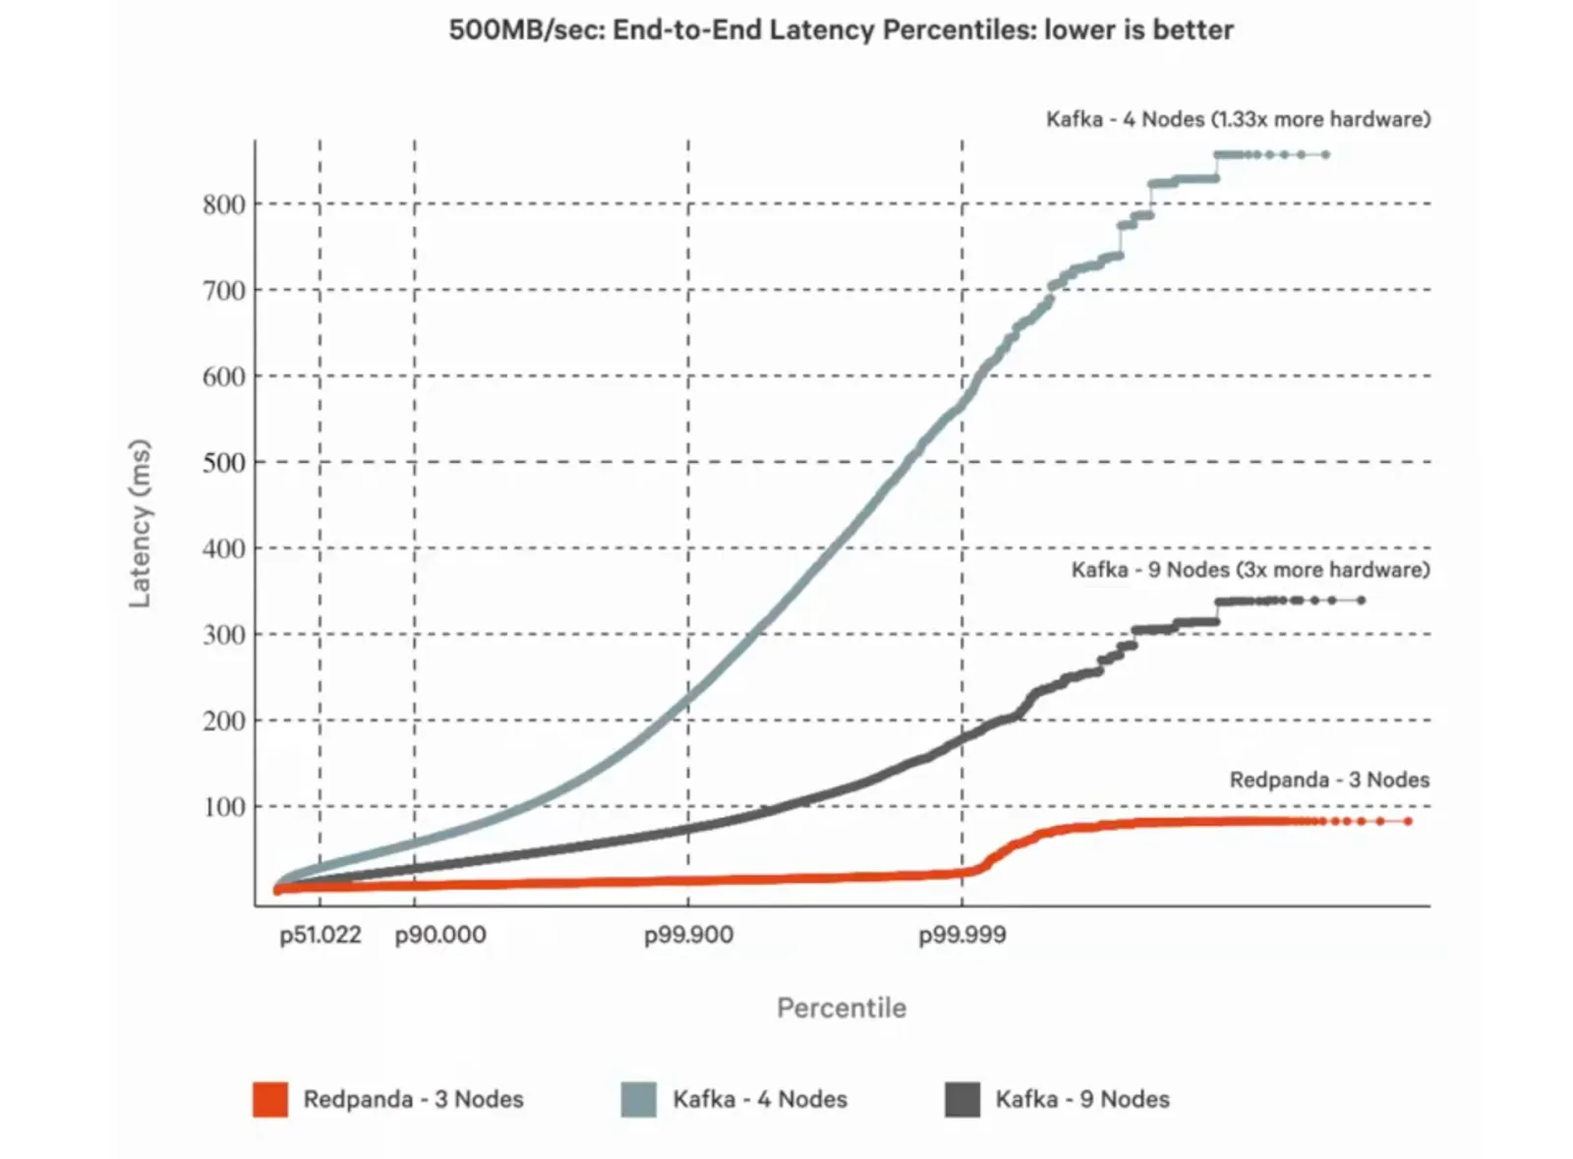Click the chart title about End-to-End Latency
point(841,29)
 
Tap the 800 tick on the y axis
point(224,204)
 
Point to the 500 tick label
point(224,462)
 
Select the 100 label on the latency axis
point(224,807)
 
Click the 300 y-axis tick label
point(224,635)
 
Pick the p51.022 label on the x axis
point(320,935)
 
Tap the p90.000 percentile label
point(439,935)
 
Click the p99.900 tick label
point(688,935)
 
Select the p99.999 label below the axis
point(962,935)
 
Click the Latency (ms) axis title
point(141,523)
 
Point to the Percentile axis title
point(842,1008)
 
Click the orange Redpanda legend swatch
point(270,1099)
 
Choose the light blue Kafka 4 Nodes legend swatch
point(639,1099)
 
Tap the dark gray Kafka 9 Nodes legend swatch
point(962,1099)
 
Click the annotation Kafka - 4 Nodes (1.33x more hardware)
point(1238,119)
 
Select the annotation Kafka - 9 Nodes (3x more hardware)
point(1251,570)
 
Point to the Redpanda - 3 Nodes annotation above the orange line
point(1329,780)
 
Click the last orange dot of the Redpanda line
point(1408,821)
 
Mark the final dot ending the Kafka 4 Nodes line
point(1325,154)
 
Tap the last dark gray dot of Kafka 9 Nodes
point(1361,600)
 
